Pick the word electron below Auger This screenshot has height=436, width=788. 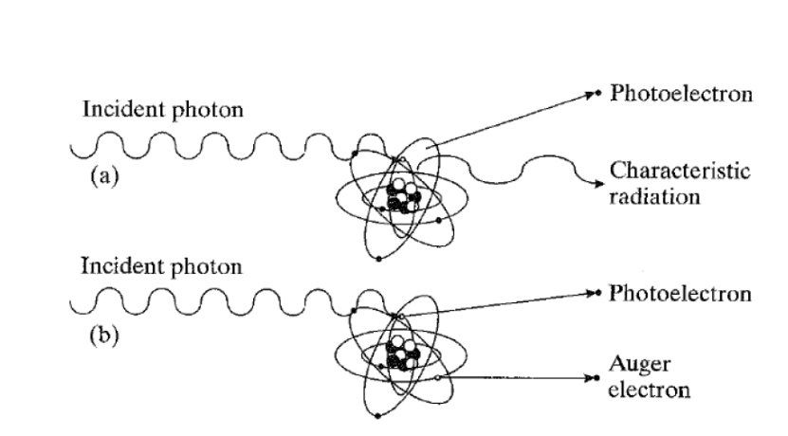tap(650, 389)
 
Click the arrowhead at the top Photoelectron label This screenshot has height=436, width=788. tap(596, 96)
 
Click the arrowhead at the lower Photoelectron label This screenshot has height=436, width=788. tap(596, 293)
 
